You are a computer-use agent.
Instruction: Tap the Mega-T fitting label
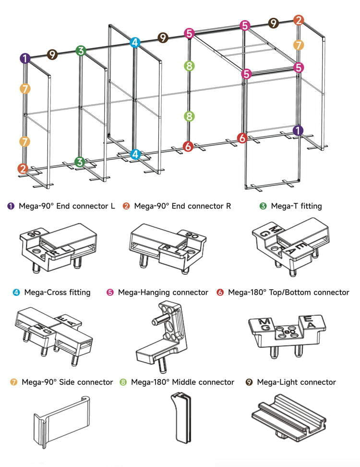pyautogui.click(x=296, y=206)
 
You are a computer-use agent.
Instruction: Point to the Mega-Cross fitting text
pyautogui.click(x=57, y=292)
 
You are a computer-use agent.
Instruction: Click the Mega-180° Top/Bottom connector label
pyautogui.click(x=288, y=292)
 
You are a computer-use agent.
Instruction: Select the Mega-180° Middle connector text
pyautogui.click(x=182, y=382)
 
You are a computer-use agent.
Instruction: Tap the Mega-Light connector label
pyautogui.click(x=296, y=382)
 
